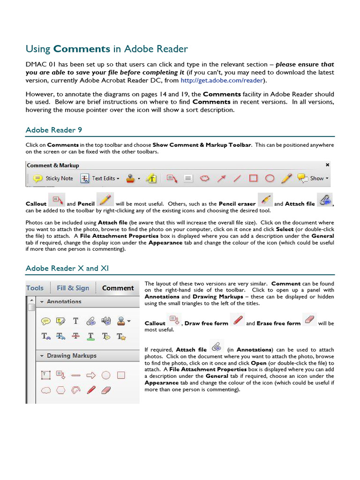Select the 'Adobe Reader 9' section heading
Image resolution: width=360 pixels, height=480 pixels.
(x=54, y=130)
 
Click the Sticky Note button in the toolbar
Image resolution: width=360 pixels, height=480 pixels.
(x=53, y=178)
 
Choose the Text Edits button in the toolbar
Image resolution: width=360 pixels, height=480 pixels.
(x=100, y=178)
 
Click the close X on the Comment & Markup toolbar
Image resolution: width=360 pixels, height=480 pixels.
(x=327, y=165)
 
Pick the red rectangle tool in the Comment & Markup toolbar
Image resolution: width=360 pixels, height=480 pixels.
(x=253, y=178)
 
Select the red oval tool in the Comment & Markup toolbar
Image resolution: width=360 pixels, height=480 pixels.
(x=270, y=178)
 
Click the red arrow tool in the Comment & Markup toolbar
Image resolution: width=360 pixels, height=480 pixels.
(x=221, y=178)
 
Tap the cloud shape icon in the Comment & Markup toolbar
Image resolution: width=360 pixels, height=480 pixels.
(x=204, y=178)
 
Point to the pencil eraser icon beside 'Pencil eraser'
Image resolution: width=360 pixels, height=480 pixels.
(x=265, y=200)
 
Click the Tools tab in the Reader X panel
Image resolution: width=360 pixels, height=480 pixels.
(x=35, y=288)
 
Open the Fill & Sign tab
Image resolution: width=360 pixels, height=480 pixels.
(x=73, y=288)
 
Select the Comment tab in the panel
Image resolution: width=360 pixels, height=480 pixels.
(x=118, y=288)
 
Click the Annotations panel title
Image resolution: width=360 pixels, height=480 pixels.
(x=64, y=302)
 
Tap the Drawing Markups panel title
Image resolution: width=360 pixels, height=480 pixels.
(x=71, y=356)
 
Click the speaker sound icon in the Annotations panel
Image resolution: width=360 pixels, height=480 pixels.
(x=106, y=321)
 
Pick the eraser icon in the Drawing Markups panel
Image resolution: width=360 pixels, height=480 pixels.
(x=106, y=390)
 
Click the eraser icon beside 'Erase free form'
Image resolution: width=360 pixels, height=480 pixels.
(x=310, y=320)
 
